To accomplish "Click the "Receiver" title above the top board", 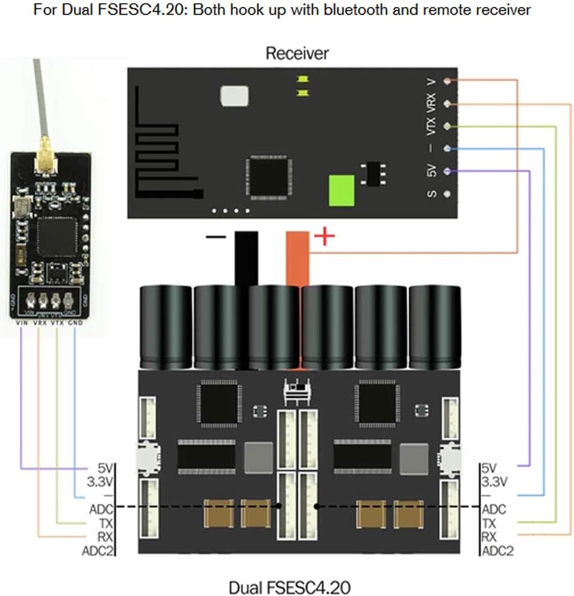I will coord(297,53).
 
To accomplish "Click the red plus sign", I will coord(325,237).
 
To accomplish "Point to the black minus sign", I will coord(216,238).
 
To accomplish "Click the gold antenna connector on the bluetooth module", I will coord(45,167).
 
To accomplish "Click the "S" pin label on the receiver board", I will coord(432,194).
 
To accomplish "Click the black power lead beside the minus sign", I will coord(246,257).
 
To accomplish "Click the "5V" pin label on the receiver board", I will coord(432,171).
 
